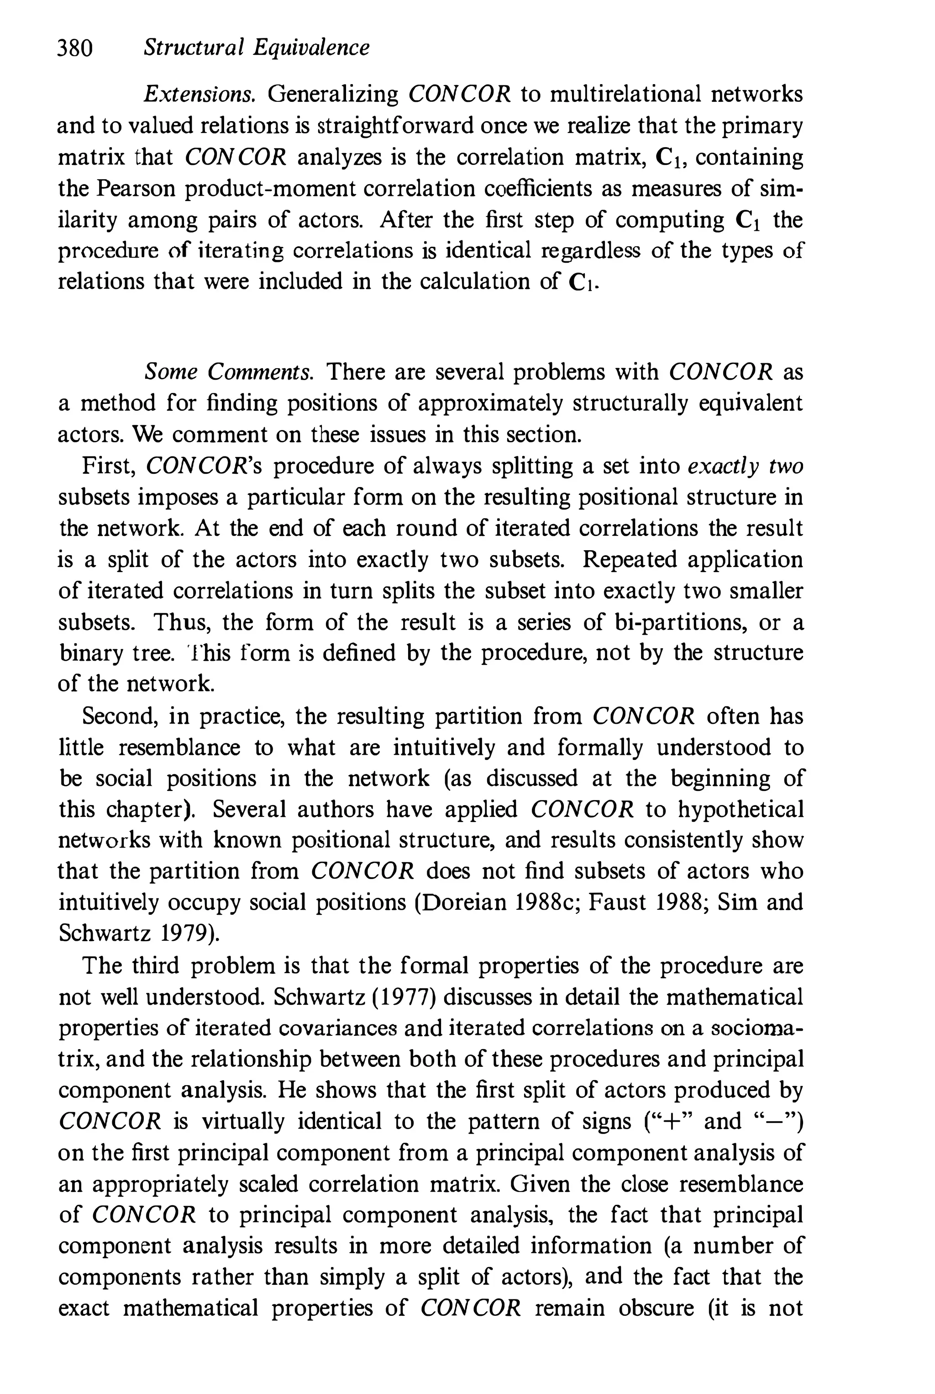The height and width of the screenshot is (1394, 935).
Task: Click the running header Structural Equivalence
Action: (257, 47)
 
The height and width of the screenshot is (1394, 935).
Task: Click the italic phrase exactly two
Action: (746, 466)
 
